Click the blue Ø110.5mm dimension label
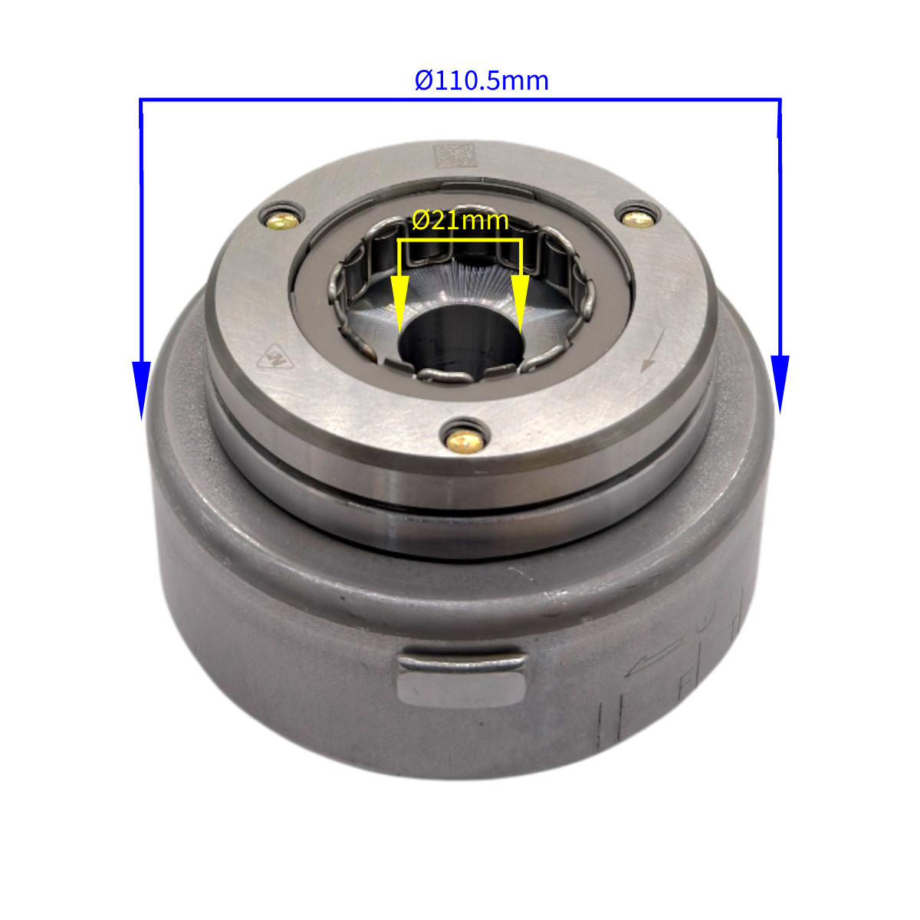[x=481, y=80]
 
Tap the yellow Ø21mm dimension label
[x=460, y=221]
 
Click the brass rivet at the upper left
[x=282, y=221]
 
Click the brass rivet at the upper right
[x=639, y=219]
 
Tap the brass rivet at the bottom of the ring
[x=465, y=441]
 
